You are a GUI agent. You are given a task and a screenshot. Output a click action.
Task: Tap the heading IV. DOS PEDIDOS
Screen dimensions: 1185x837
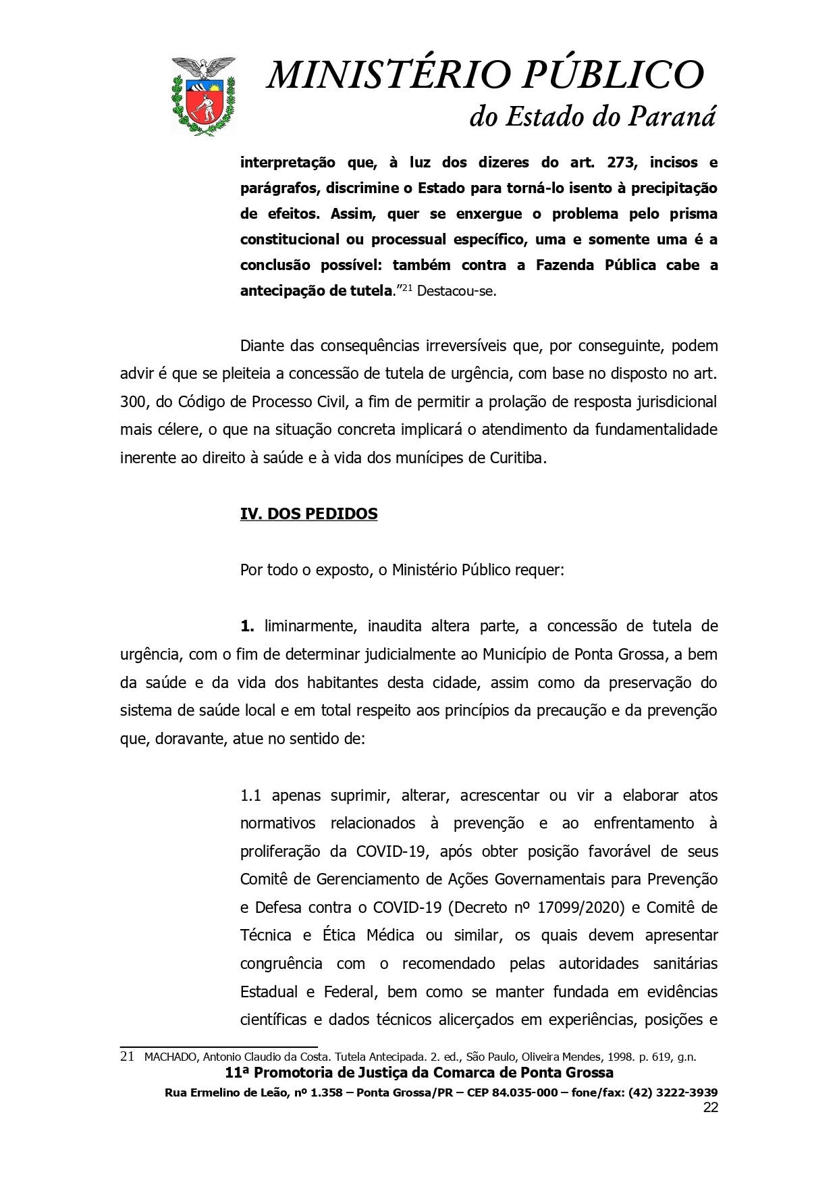tap(308, 514)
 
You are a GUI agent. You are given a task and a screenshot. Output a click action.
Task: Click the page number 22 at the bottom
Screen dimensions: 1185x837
tap(710, 1107)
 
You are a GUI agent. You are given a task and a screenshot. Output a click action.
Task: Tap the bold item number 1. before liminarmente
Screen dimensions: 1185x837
tap(247, 626)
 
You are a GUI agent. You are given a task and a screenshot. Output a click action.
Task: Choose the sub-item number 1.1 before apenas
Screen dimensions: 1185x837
tap(250, 795)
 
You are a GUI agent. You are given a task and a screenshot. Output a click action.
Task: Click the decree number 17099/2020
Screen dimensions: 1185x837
tap(579, 907)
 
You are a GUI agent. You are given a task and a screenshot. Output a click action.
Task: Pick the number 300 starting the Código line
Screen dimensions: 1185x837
tap(134, 402)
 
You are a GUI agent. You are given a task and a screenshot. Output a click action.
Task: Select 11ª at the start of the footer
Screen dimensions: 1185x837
tap(237, 1073)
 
